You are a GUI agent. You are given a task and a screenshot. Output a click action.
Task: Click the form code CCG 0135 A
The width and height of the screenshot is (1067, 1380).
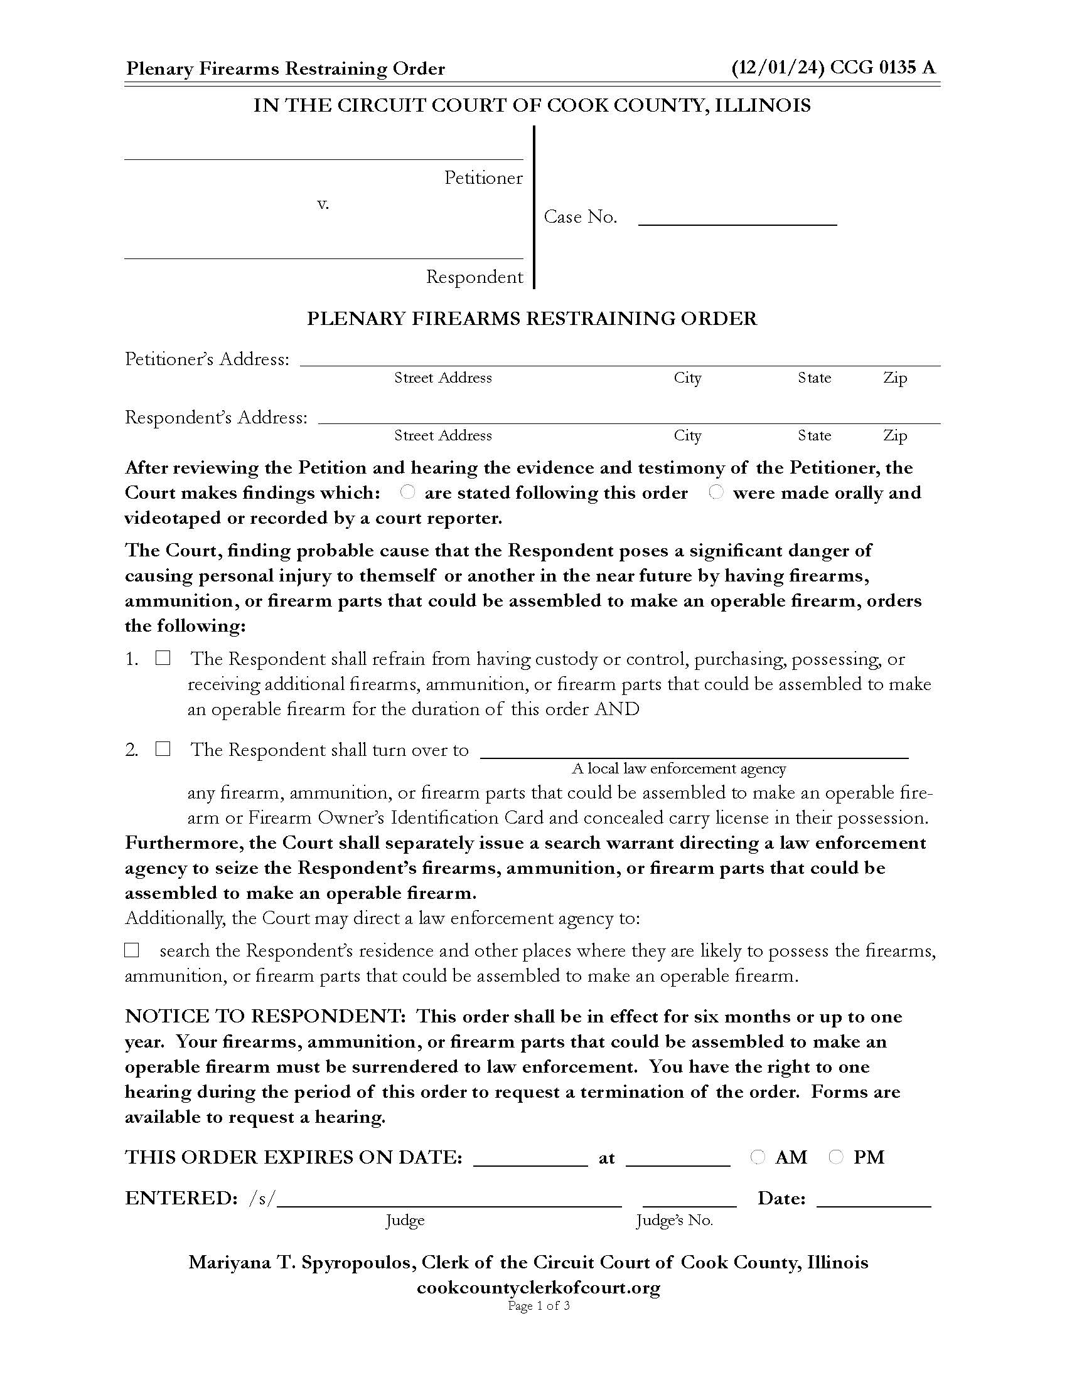pyautogui.click(x=882, y=68)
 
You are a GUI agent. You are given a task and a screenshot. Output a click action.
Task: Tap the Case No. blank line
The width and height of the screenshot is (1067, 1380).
pyautogui.click(x=737, y=219)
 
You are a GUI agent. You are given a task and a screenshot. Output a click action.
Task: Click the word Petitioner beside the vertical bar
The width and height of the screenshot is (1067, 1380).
pyautogui.click(x=483, y=178)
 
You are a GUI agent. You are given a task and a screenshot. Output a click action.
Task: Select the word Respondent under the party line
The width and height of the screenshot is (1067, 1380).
pyautogui.click(x=474, y=277)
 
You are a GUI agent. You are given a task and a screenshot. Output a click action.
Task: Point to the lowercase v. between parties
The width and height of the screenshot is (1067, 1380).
pyautogui.click(x=323, y=204)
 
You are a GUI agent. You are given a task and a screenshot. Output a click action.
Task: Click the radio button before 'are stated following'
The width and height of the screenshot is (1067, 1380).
pyautogui.click(x=408, y=491)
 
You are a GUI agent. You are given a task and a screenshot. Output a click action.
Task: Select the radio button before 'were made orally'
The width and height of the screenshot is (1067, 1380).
pyautogui.click(x=716, y=491)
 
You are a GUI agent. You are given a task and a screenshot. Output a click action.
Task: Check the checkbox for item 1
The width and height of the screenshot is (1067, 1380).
pyautogui.click(x=163, y=658)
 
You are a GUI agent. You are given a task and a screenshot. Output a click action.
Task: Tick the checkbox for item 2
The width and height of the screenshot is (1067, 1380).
pyautogui.click(x=163, y=749)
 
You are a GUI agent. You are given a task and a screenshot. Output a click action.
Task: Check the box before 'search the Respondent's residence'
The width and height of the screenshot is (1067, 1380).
pyautogui.click(x=131, y=950)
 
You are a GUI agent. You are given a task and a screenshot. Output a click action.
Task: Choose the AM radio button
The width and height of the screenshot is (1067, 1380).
pyautogui.click(x=758, y=1157)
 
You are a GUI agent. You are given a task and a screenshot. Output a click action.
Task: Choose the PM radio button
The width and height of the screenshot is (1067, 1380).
pyautogui.click(x=835, y=1157)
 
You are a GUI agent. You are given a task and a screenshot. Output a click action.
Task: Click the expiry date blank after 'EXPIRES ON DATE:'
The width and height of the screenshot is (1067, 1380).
pyautogui.click(x=530, y=1158)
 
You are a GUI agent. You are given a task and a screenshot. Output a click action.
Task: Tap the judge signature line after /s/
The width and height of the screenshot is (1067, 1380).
pyautogui.click(x=449, y=1199)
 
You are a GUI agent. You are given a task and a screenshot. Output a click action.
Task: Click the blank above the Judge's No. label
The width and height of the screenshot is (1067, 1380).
pyautogui.click(x=689, y=1199)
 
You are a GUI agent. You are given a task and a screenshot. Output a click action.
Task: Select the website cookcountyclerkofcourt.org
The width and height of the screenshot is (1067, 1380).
pyautogui.click(x=538, y=1288)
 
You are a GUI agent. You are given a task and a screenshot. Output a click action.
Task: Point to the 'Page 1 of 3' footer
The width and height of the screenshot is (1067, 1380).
pyautogui.click(x=539, y=1306)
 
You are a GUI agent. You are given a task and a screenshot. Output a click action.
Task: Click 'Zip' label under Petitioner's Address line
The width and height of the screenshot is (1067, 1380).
pyautogui.click(x=895, y=378)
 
